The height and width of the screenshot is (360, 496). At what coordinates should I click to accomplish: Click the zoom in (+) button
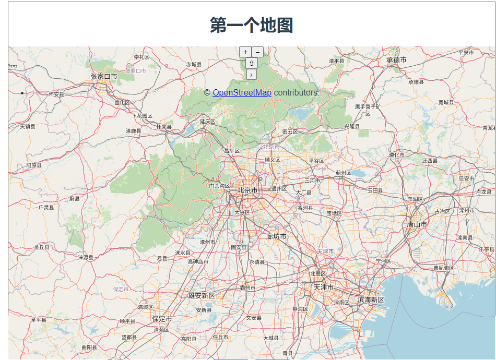pos(245,52)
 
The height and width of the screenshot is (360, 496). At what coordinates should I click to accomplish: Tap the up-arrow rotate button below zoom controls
pos(251,63)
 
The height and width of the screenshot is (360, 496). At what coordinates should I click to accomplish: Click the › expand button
pos(251,75)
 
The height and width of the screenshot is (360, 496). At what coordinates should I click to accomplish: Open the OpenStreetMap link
pos(242,92)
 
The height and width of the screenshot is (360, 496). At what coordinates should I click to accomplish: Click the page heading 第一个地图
pos(251,25)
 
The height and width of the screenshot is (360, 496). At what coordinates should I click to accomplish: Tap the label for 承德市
pos(396,60)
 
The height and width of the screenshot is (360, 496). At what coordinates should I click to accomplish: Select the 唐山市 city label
pos(417,224)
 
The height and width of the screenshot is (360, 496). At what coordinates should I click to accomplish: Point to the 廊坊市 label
pos(276,237)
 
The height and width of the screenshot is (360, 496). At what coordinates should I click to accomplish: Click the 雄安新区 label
pos(202,296)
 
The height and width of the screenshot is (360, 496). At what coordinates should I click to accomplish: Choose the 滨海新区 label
pos(371,300)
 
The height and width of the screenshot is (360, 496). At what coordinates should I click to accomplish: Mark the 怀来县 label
pos(164,127)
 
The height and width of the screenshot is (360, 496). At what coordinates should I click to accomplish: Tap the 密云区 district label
pos(289,131)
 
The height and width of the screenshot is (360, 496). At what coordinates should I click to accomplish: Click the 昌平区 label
pos(231,151)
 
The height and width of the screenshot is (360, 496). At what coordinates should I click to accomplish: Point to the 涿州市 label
pos(207,242)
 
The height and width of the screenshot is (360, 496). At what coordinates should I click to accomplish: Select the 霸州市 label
pos(247,287)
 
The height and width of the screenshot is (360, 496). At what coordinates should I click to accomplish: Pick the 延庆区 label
pos(207,122)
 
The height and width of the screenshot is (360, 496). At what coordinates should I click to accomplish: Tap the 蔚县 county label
pos(75,199)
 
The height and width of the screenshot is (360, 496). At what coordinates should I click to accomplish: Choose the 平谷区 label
pos(316,161)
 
